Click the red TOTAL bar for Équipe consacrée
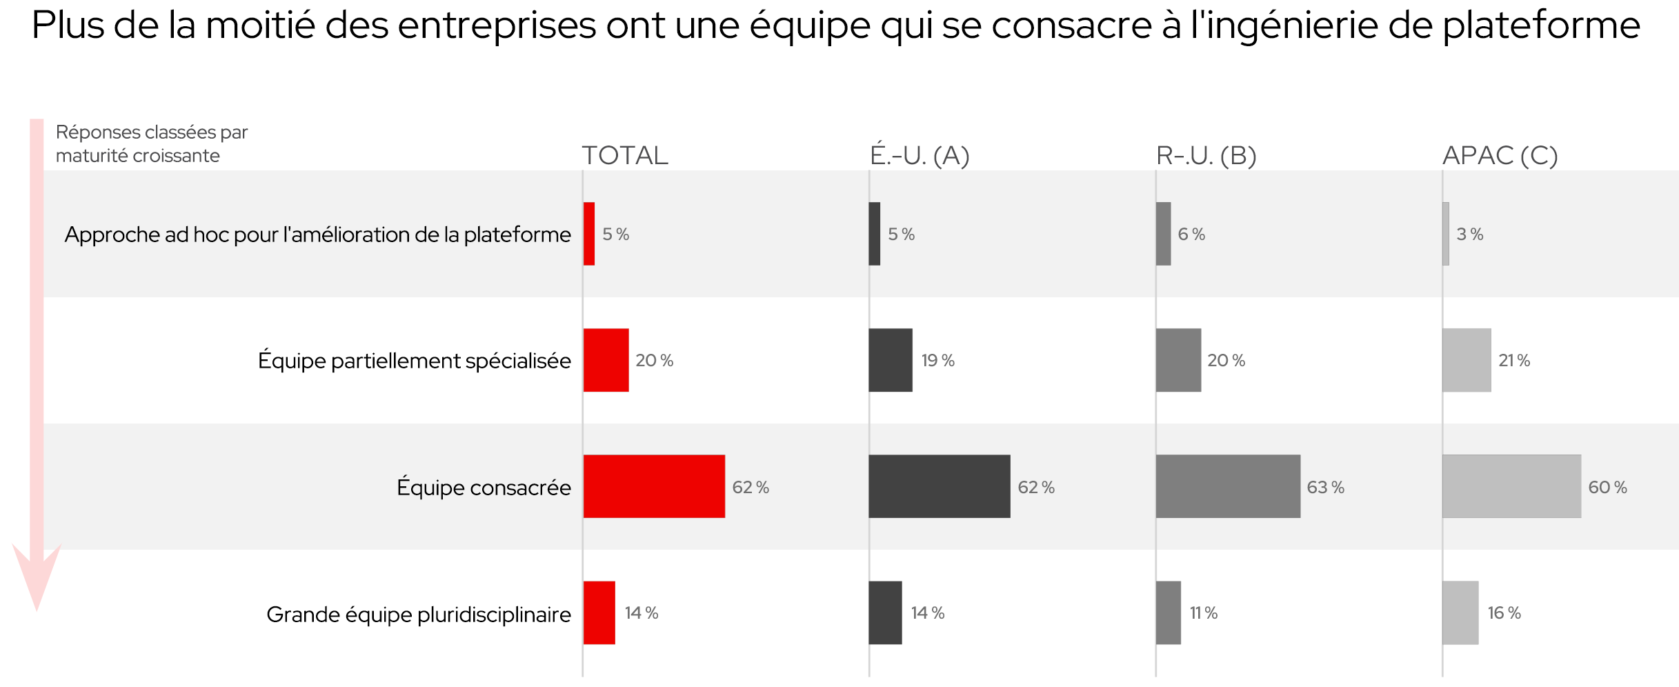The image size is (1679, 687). coord(654,486)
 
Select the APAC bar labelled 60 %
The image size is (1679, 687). coord(1511,486)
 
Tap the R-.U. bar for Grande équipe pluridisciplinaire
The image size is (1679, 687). coord(1169,613)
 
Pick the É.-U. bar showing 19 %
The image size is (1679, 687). coord(891,360)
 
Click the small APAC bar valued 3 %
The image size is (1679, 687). coord(1446,234)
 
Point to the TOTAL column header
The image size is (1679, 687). coord(625,155)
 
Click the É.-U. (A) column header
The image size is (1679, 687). coord(920,155)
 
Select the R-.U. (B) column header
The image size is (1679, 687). coord(1206,155)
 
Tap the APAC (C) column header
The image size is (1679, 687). coord(1500,155)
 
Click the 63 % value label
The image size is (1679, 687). coord(1325,487)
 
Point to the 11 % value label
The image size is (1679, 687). coord(1203,613)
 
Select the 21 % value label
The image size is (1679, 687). coord(1514,360)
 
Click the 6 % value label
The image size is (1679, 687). coord(1191,234)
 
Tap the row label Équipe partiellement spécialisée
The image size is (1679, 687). coord(414,361)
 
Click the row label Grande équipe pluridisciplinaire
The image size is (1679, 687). coord(418,614)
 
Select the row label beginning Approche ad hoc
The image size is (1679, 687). coord(317,235)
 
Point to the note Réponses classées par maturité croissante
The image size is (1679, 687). coord(151,143)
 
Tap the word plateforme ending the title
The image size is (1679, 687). coord(1541,26)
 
